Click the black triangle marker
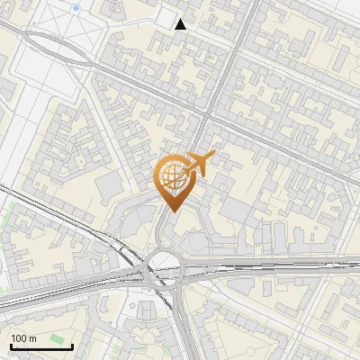click(x=181, y=24)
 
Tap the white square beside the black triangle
click(x=166, y=19)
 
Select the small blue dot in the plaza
click(x=76, y=7)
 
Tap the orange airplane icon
click(x=199, y=164)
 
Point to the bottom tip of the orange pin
click(x=172, y=211)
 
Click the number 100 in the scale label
click(x=19, y=338)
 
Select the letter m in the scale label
click(x=32, y=338)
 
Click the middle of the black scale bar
click(x=41, y=346)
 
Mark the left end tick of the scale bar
click(x=11, y=345)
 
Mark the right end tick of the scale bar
click(x=72, y=345)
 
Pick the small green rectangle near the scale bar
click(x=59, y=339)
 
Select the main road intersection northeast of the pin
click(x=208, y=116)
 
